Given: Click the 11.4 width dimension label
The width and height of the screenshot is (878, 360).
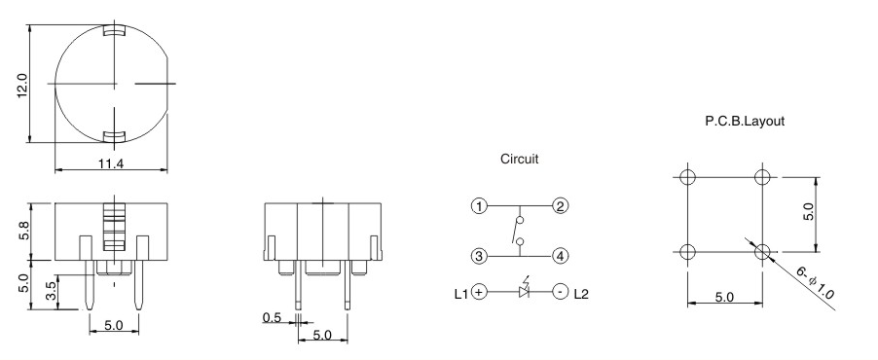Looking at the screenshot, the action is (111, 163).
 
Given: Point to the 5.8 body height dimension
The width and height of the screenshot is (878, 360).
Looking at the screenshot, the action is (22, 233).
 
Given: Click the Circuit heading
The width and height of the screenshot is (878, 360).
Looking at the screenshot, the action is (519, 159).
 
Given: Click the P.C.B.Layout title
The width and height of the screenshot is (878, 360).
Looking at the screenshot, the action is (745, 123).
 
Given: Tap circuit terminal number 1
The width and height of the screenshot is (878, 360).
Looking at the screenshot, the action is (478, 206).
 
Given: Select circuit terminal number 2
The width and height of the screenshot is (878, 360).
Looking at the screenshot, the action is (560, 206).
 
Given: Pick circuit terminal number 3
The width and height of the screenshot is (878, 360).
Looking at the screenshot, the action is (478, 257).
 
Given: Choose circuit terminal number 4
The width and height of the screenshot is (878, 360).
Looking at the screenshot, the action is (560, 257).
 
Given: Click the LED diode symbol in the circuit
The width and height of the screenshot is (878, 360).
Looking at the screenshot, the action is (523, 291).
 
